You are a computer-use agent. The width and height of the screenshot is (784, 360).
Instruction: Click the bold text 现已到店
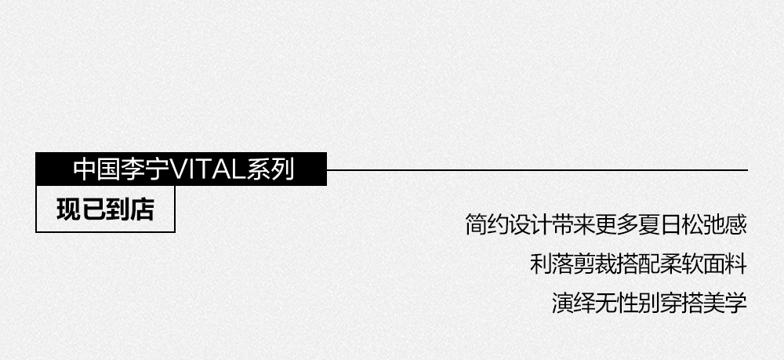click(x=105, y=210)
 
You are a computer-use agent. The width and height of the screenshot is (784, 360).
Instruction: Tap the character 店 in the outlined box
click(x=142, y=210)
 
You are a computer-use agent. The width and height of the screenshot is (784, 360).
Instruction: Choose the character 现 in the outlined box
click(x=68, y=210)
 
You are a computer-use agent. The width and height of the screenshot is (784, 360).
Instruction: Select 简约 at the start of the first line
click(x=488, y=226)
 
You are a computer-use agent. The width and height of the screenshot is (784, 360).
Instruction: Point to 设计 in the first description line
click(x=535, y=226)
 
